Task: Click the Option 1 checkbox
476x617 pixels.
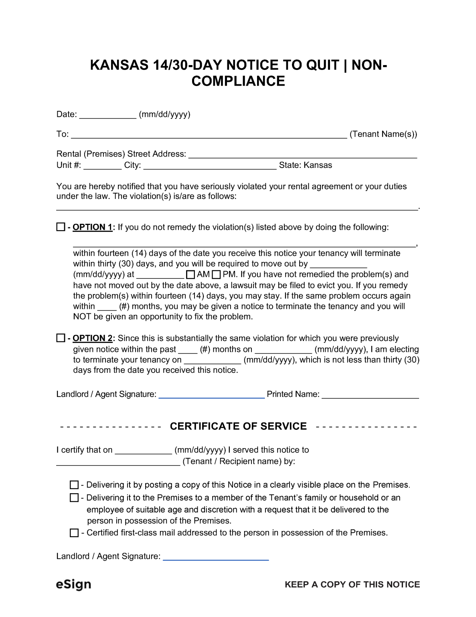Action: point(61,227)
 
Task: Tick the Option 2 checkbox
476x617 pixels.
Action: point(61,338)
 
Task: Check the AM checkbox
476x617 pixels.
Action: point(191,275)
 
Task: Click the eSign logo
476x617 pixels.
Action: point(73,584)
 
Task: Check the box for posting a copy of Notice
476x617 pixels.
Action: point(74,485)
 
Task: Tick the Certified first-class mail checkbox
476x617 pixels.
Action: point(74,533)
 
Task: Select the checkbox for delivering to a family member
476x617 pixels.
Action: point(74,498)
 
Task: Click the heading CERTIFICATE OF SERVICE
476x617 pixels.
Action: point(238,426)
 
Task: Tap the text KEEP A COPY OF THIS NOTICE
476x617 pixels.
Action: point(352,584)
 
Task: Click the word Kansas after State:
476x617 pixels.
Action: point(318,165)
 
